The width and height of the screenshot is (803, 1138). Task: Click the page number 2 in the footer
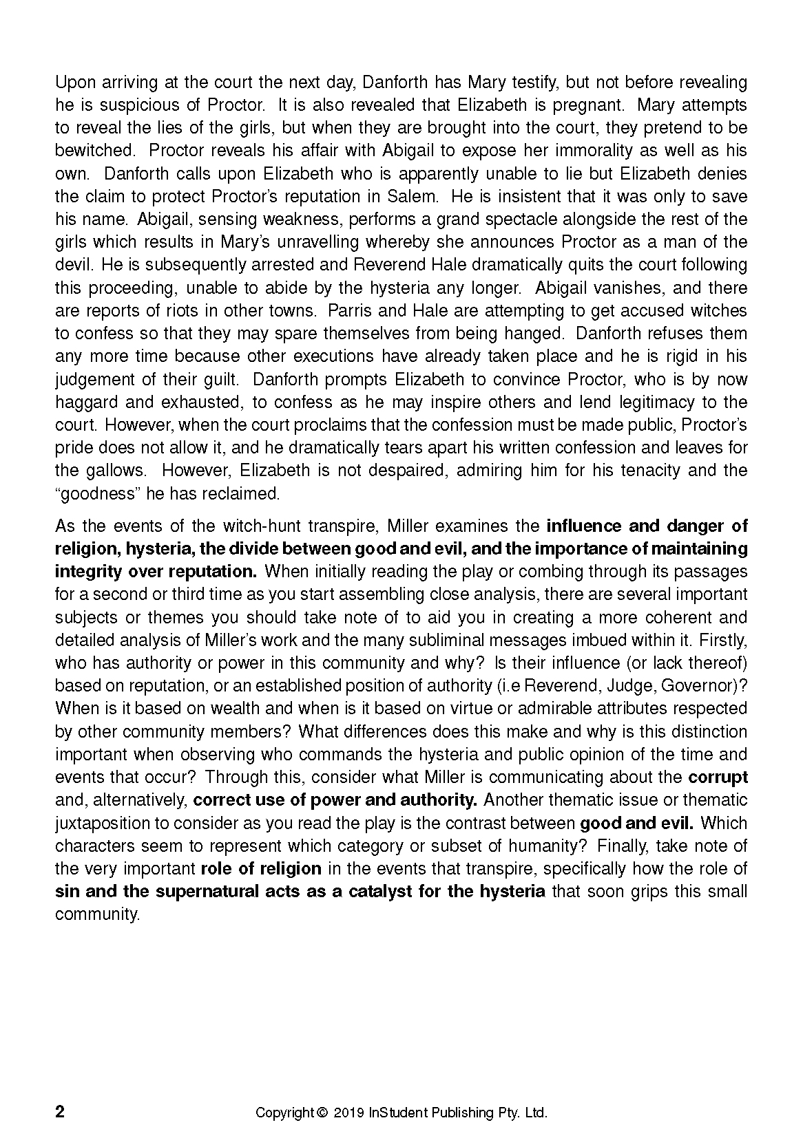[x=60, y=1113]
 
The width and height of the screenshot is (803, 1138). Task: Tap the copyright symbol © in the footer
[x=321, y=1113]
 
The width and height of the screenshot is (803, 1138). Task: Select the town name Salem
[x=412, y=196]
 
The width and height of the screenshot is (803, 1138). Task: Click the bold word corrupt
[x=718, y=777]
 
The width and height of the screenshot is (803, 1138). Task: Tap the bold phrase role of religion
[x=261, y=868]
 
